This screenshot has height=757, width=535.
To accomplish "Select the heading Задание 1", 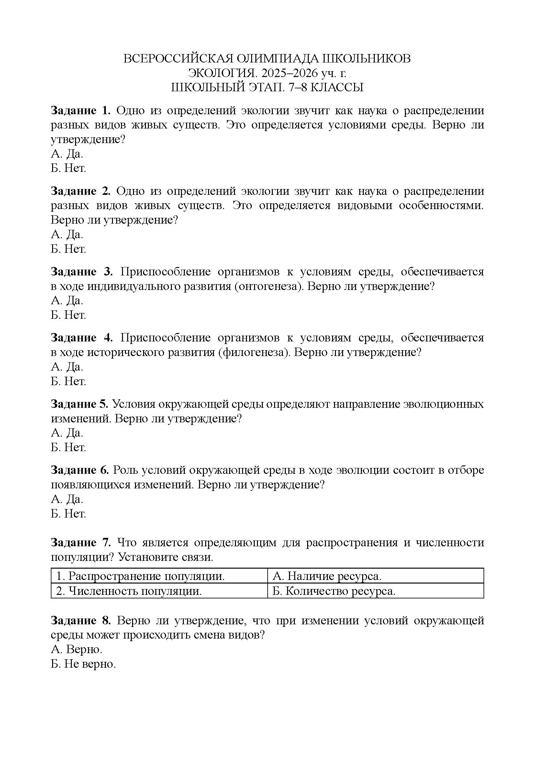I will (81, 110).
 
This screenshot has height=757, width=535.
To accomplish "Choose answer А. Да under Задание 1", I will (67, 154).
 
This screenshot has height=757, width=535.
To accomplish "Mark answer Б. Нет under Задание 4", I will (68, 381).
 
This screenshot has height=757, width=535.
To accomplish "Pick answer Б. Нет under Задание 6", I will (68, 513).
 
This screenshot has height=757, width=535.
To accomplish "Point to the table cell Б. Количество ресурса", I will (334, 591).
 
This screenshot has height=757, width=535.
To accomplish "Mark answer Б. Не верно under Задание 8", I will (84, 664).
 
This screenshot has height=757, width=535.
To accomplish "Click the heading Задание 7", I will (81, 542).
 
